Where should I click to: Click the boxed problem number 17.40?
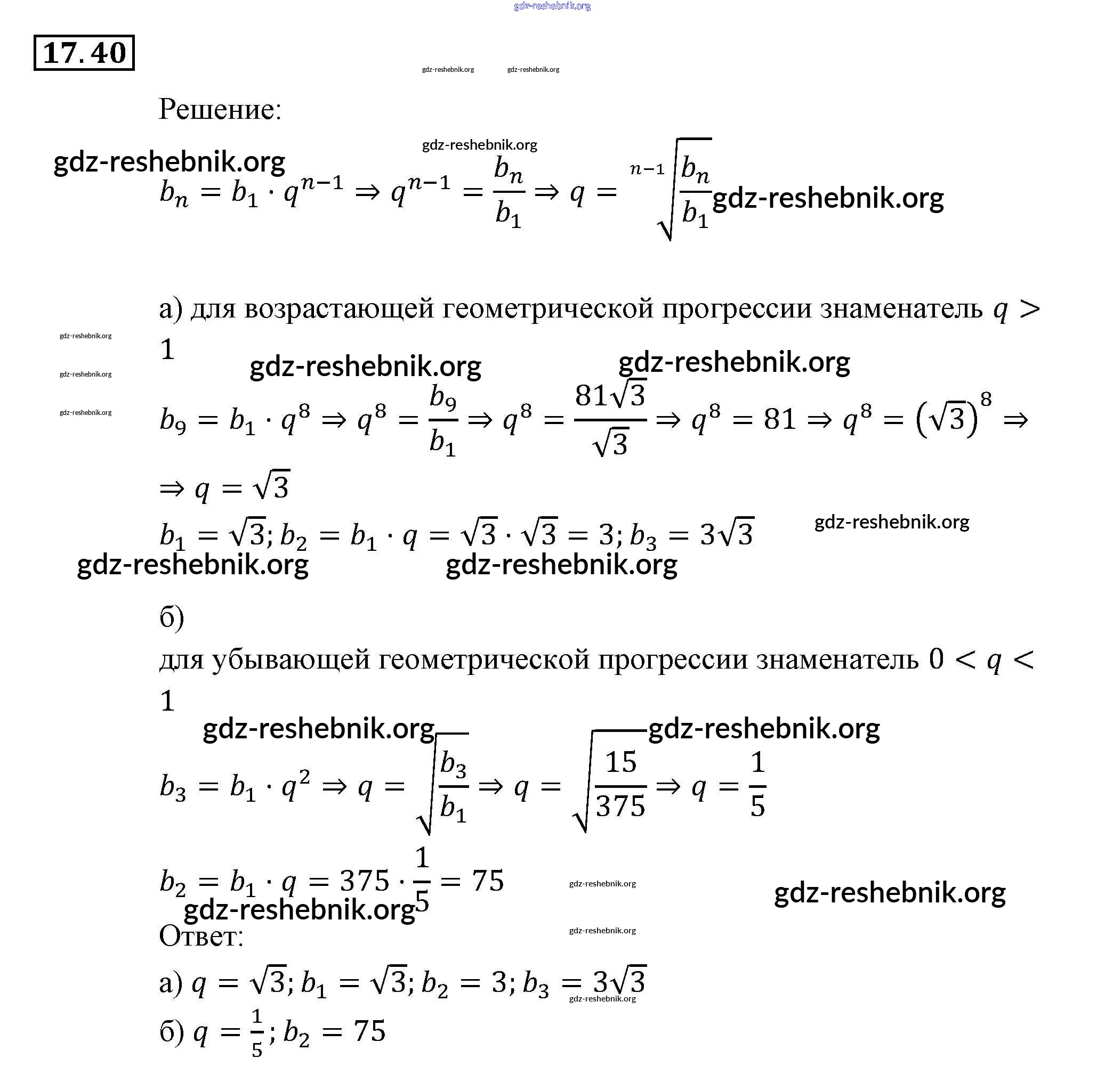(84, 53)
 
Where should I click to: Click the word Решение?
(220, 109)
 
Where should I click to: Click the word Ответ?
(201, 937)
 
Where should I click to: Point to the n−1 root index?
(647, 169)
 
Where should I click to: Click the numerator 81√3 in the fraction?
(610, 395)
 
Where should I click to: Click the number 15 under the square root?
(620, 762)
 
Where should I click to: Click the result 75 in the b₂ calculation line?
(487, 881)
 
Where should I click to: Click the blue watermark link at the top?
(552, 6)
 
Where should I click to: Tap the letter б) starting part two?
(172, 617)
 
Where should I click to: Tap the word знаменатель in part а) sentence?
(901, 308)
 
